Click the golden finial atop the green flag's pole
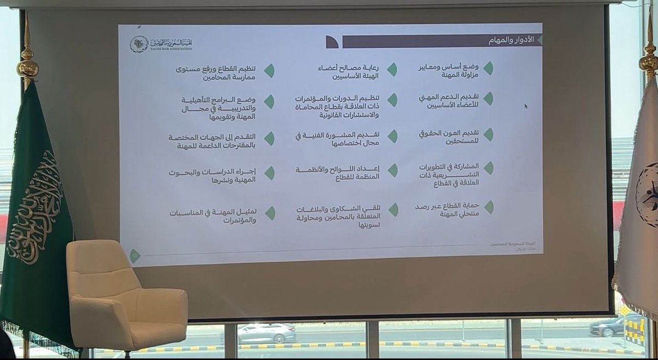coord(27,60)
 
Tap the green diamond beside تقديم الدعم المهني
coord(488,99)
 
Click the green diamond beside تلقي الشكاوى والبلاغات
coord(393,209)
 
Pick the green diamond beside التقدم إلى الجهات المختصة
coord(269,139)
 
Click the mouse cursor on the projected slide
coord(526,106)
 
